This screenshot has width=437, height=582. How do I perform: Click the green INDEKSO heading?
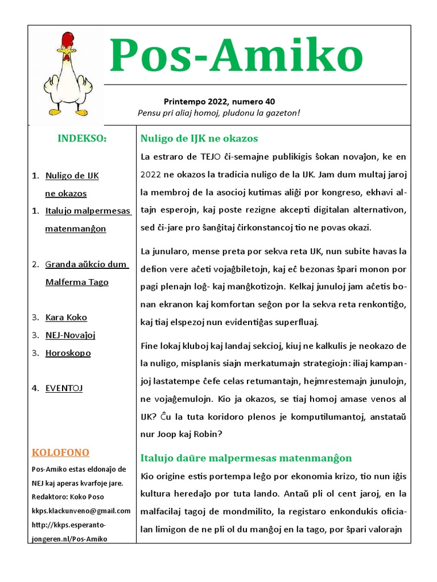pos(82,139)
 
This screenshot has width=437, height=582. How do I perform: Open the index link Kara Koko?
pos(66,317)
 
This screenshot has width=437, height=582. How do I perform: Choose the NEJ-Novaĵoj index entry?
pos(70,335)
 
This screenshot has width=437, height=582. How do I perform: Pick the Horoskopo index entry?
pos(68,353)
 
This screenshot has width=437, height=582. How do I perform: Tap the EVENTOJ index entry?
pos(64,388)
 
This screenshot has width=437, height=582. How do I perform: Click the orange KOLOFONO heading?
pos(60,452)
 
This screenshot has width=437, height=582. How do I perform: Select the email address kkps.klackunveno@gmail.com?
pos(81,511)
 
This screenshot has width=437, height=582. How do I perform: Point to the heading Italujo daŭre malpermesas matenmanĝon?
pos(246,458)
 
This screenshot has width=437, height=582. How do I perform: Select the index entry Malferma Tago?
pos(77,282)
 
